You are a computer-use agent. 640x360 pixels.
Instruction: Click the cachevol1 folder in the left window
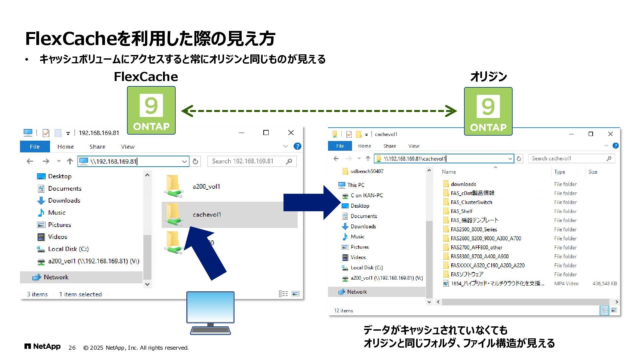[x=207, y=215]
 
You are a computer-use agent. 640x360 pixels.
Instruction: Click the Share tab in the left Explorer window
[x=97, y=147]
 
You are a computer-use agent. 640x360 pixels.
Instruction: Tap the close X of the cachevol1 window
[x=610, y=134]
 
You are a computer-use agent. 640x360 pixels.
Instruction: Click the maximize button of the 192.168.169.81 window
[x=266, y=133]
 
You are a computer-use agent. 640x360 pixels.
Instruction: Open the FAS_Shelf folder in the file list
[x=461, y=211]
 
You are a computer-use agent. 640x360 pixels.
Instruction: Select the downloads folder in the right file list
[x=463, y=184]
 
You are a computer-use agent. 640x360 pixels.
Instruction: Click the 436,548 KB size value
[x=604, y=284]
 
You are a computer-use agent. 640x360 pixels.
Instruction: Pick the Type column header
[x=560, y=172]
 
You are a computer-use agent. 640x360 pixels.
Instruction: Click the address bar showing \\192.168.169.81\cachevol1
[x=443, y=159]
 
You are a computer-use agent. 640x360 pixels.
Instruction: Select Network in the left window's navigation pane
[x=56, y=277]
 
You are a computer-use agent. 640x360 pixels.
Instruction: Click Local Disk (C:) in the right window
[x=367, y=268]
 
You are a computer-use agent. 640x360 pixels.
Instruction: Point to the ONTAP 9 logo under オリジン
[x=488, y=111]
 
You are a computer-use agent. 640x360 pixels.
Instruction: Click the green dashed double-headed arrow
[x=319, y=111]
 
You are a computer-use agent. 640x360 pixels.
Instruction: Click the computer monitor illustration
[x=210, y=312]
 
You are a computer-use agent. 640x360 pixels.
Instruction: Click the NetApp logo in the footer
[x=42, y=347]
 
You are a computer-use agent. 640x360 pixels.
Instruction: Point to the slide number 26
[x=72, y=348]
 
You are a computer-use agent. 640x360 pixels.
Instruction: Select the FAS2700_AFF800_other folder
[x=476, y=247]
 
